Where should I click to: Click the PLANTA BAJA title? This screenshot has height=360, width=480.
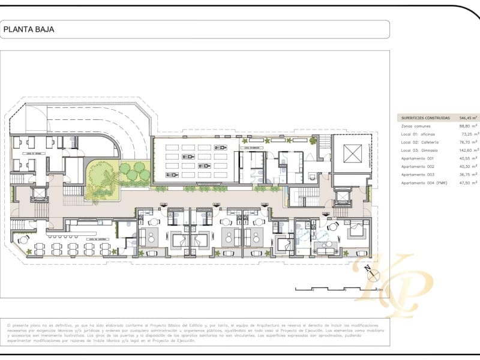click(29, 29)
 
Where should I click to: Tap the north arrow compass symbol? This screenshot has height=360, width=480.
click(373, 276)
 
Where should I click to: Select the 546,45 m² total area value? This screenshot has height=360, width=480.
click(468, 118)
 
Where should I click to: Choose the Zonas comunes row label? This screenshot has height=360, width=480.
click(415, 127)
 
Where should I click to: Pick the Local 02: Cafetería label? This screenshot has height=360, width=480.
click(420, 142)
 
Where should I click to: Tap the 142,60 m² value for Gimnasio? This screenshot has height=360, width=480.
click(468, 151)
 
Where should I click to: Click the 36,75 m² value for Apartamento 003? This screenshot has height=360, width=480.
click(468, 175)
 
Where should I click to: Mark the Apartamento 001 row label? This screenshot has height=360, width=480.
click(418, 158)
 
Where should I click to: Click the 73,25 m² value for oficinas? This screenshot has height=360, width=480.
click(468, 134)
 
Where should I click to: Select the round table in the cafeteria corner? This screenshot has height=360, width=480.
click(24, 240)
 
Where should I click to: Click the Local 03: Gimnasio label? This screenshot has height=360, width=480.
click(419, 151)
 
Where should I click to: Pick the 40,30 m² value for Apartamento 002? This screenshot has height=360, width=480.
click(468, 166)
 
